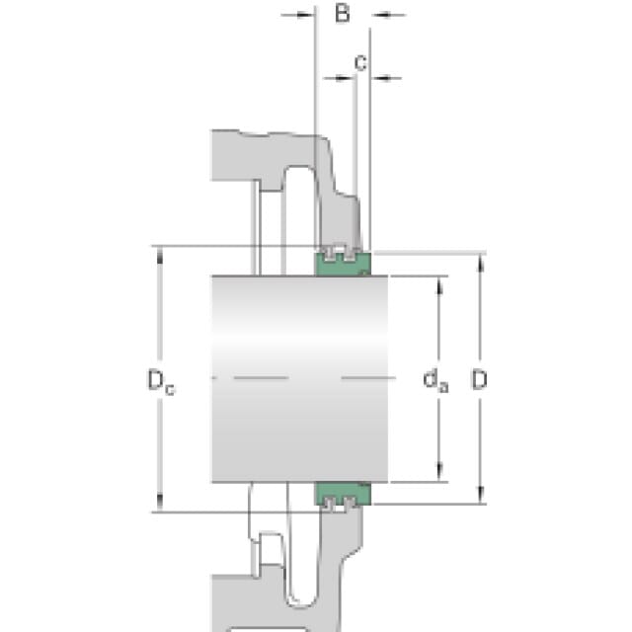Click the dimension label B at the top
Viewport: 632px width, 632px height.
point(343,13)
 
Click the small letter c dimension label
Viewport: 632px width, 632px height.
point(360,63)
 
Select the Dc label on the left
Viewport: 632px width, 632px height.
point(161,381)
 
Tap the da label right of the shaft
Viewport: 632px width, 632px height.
point(435,380)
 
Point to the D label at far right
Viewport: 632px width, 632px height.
point(479,379)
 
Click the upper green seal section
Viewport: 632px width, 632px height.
point(343,264)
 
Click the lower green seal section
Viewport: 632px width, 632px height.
point(343,494)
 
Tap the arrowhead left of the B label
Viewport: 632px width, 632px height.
point(306,16)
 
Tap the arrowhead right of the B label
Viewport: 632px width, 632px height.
point(379,16)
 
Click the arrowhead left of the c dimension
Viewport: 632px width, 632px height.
point(345,77)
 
